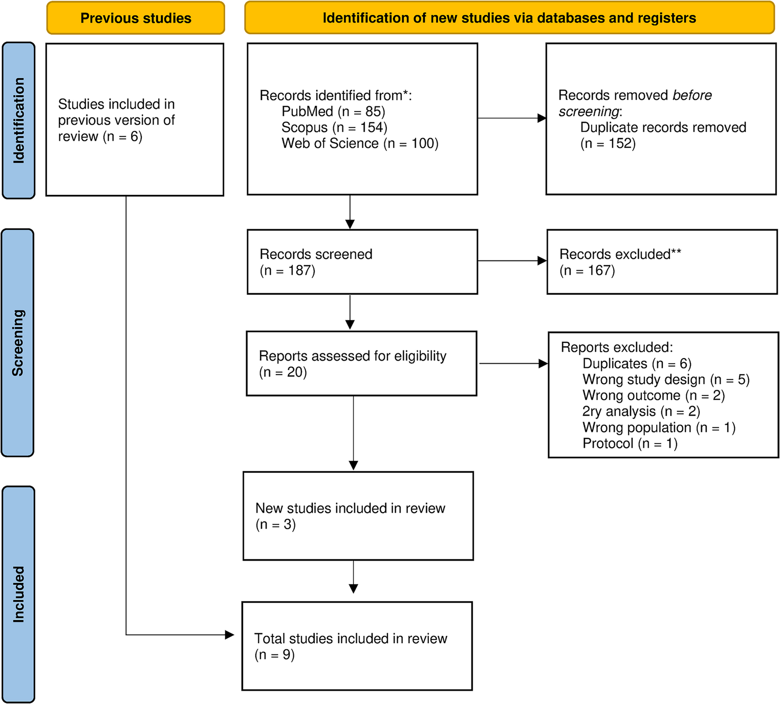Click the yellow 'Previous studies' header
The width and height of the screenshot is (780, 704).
tap(136, 18)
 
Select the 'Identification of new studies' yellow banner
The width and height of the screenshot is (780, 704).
tap(509, 18)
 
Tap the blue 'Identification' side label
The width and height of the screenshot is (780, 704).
tap(19, 120)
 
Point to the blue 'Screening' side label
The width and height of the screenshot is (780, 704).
tap(18, 342)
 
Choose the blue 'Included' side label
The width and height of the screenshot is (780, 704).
tap(18, 594)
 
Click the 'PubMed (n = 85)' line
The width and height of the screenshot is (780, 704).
tap(333, 112)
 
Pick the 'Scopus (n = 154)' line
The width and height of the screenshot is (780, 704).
tap(334, 127)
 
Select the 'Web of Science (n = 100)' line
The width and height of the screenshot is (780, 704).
tap(360, 143)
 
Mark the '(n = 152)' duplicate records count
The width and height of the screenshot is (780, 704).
tap(608, 143)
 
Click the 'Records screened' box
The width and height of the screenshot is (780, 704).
tap(362, 261)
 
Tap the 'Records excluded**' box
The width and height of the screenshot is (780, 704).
tap(662, 261)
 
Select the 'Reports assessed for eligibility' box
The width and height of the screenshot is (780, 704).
tap(361, 363)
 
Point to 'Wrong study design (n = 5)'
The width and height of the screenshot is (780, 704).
tap(666, 380)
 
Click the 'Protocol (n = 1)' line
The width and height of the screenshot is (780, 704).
tap(630, 443)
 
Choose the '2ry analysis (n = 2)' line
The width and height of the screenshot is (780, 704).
tap(641, 411)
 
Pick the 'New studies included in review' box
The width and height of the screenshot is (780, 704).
tap(358, 516)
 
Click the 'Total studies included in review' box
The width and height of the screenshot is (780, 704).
tap(357, 646)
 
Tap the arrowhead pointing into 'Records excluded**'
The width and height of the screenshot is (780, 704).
tap(542, 261)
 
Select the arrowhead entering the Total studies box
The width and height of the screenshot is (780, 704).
tap(230, 635)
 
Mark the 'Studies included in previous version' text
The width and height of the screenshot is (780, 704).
tap(116, 120)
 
